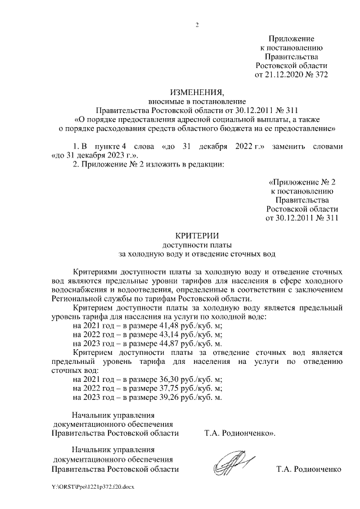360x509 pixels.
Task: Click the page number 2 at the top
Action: pos(197,24)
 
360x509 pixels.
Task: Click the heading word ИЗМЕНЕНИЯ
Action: pos(197,92)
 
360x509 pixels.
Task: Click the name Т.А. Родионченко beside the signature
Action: pos(309,469)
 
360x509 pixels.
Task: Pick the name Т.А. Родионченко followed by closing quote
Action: pos(240,433)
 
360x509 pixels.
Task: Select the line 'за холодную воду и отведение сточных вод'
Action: pos(197,254)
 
